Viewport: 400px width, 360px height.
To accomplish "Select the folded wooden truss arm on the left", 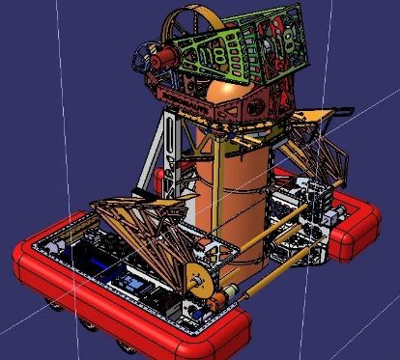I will (x=135, y=222).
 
